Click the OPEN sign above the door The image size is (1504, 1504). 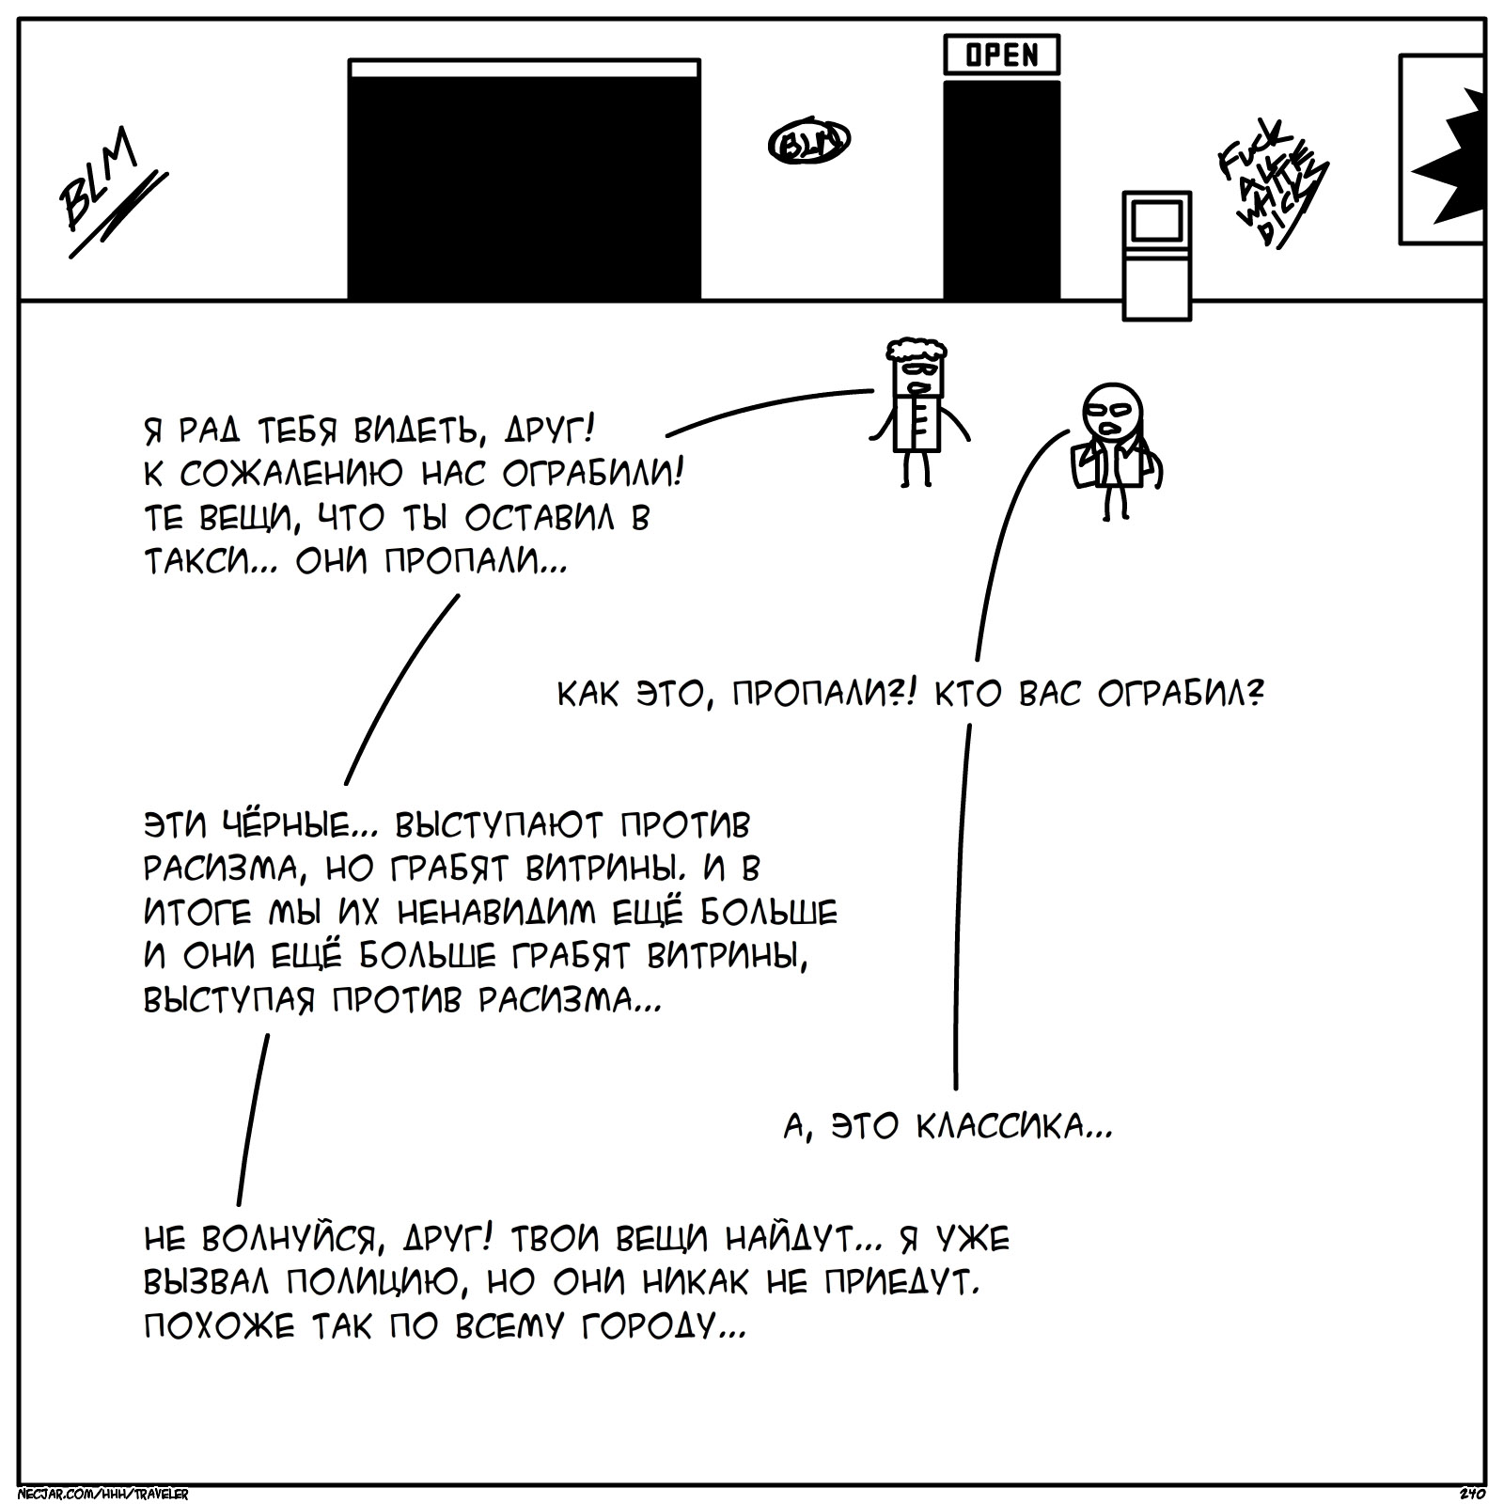tap(1001, 55)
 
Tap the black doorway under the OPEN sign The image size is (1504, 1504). tap(1001, 188)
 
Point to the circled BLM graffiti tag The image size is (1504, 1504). tap(808, 142)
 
